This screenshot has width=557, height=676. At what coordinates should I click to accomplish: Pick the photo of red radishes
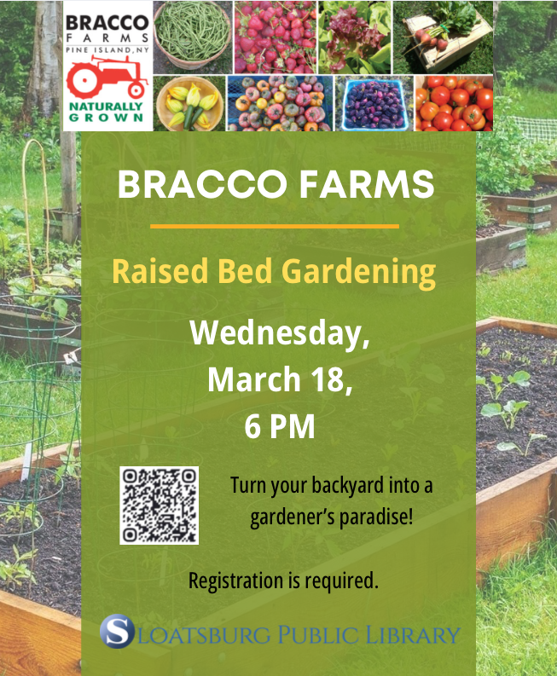[x=275, y=36]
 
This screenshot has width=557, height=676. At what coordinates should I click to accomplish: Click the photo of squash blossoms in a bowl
[x=190, y=103]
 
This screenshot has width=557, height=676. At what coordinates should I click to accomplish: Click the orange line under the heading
[x=275, y=226]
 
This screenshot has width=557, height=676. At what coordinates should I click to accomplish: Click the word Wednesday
[x=280, y=332]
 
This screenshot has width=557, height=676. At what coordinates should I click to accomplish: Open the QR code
[x=159, y=505]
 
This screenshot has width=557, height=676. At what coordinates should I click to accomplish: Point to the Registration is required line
[x=282, y=581]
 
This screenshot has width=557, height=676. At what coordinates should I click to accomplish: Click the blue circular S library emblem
[x=117, y=632]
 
